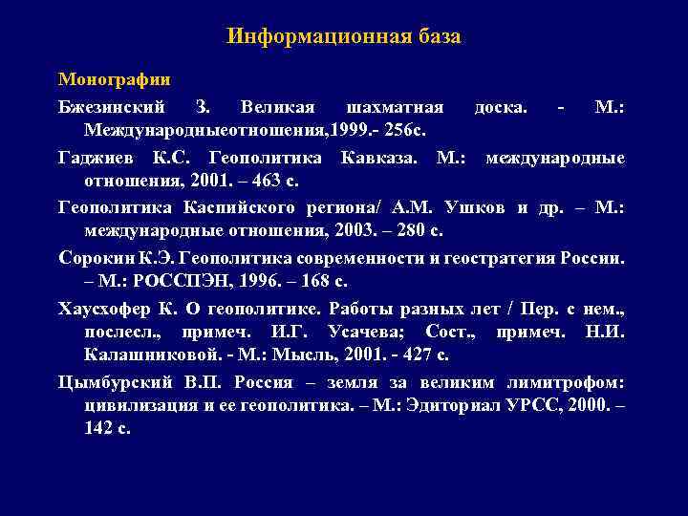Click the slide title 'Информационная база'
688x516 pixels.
(x=344, y=37)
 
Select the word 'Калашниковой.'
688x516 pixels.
(x=143, y=355)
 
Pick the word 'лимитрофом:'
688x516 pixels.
(x=576, y=382)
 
